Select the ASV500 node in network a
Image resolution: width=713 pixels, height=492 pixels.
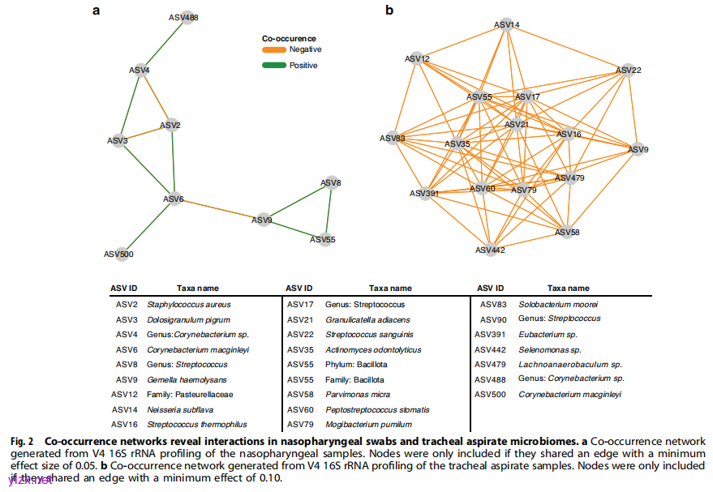point(119,254)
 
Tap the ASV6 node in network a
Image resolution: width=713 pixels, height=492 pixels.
point(174,199)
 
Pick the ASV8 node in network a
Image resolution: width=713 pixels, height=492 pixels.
point(330,183)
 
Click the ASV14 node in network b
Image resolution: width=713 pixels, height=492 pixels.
point(507,25)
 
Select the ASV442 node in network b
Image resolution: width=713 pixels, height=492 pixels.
point(489,250)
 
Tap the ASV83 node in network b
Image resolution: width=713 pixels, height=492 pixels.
point(393,139)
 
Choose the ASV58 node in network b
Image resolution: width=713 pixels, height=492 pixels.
point(568,233)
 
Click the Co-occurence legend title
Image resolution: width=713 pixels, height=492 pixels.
point(289,38)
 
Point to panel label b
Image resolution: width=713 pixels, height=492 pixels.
point(389,11)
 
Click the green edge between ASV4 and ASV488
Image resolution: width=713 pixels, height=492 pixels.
point(164,44)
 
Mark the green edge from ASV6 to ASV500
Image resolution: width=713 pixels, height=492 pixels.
point(147,226)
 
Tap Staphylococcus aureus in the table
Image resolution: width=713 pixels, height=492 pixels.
point(188,305)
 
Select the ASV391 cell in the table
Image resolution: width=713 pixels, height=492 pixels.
point(494,334)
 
